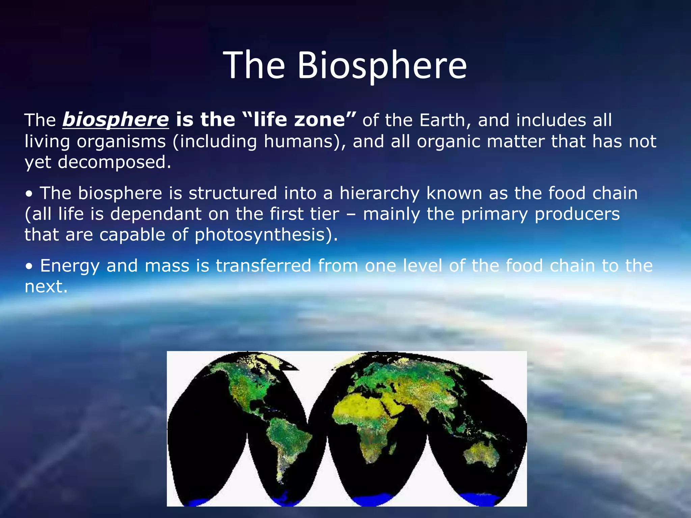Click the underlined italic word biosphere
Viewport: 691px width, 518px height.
point(115,120)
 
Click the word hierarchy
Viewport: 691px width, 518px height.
point(379,193)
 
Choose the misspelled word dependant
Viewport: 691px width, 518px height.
point(156,214)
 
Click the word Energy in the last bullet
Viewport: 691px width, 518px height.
point(70,266)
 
